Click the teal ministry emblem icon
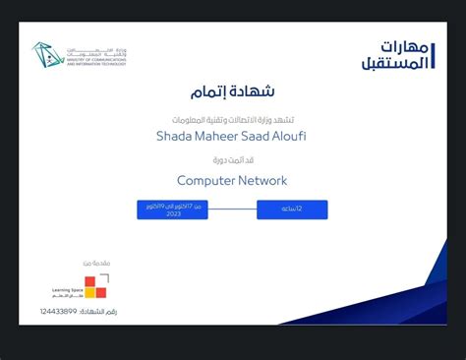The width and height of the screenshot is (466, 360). click(46, 55)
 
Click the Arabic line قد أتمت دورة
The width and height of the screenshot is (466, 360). click(232, 158)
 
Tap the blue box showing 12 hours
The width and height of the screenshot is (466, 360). click(292, 210)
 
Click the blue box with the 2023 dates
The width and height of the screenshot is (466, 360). click(172, 210)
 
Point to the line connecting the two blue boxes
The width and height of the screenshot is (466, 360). click(232, 210)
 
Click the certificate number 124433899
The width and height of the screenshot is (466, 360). click(58, 311)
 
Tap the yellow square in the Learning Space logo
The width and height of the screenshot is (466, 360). click(89, 292)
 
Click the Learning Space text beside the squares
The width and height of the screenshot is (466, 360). click(68, 291)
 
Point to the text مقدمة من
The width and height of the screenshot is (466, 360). click(94, 263)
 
